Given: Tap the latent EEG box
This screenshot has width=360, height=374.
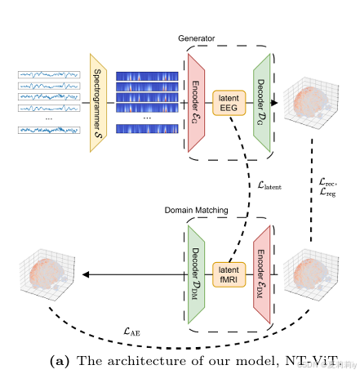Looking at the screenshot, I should tap(229, 102).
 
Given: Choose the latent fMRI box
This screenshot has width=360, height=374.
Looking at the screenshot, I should tap(229, 274).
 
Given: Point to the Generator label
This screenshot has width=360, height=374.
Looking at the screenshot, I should tap(198, 38).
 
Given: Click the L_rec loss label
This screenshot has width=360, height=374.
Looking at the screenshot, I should tap(330, 182).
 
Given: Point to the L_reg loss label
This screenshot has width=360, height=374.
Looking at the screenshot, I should tap(330, 194).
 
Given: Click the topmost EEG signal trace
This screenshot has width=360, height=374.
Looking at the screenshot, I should tap(48, 75).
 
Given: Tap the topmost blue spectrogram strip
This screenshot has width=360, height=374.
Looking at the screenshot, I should tap(147, 77).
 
